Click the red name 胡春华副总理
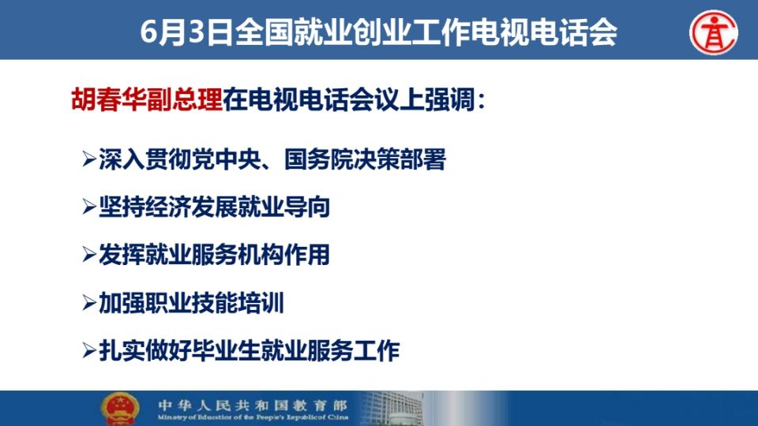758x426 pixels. (x=147, y=100)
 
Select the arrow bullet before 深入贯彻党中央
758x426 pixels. (x=89, y=159)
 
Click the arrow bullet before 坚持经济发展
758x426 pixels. (x=89, y=207)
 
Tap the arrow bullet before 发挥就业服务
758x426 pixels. (x=89, y=255)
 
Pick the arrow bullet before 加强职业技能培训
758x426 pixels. (x=89, y=303)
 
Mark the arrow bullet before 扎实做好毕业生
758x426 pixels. (x=89, y=350)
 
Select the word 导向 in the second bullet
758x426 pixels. (x=307, y=207)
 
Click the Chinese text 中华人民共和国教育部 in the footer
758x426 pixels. (x=253, y=405)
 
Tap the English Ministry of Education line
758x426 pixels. (x=253, y=417)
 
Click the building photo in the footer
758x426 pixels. (x=392, y=409)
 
